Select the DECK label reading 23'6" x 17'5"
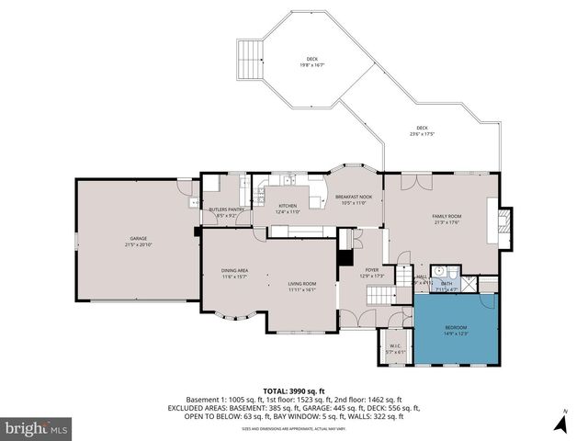(x=421, y=130)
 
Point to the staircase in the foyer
(x=379, y=296)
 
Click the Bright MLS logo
(x=37, y=428)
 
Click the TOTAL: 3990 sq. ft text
(x=294, y=391)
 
